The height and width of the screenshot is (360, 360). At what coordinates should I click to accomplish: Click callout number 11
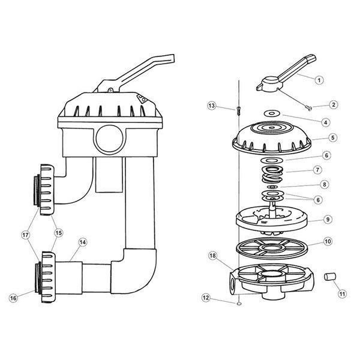341,294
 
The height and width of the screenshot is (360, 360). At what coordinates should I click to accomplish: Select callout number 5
333,137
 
